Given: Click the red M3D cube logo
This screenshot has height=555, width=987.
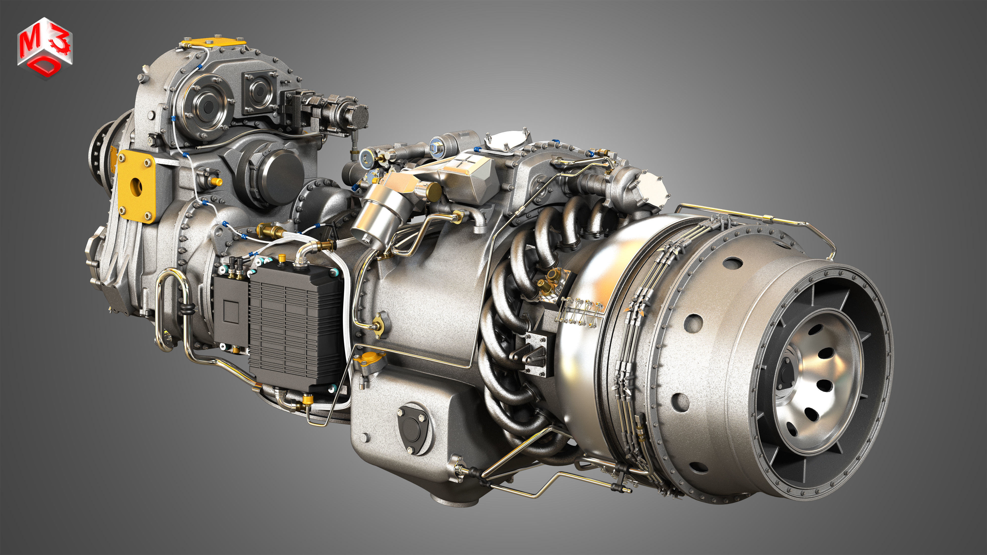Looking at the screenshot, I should (x=45, y=48).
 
